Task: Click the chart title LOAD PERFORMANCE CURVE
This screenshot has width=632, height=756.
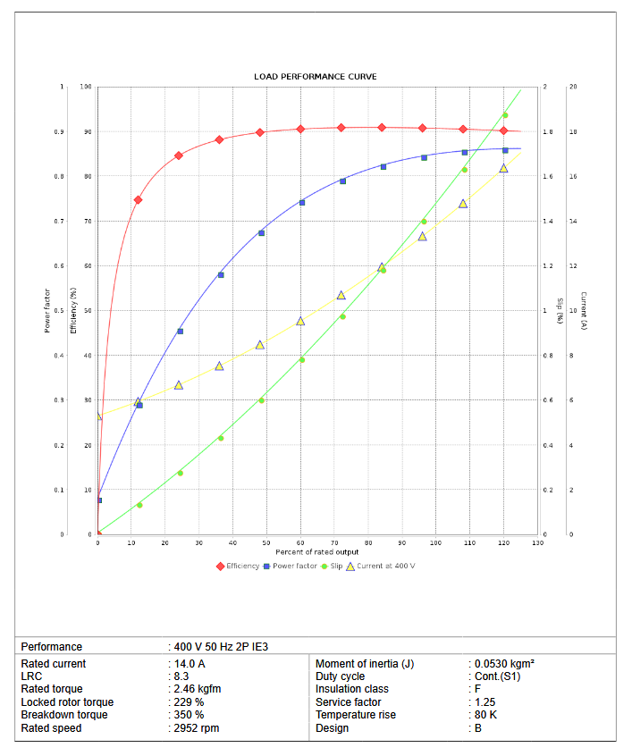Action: (x=316, y=77)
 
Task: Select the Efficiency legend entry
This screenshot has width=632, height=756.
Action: (x=238, y=566)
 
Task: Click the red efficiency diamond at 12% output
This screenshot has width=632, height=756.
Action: (x=138, y=200)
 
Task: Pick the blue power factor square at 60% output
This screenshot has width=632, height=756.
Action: (x=302, y=203)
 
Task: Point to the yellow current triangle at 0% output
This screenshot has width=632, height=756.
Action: (x=98, y=416)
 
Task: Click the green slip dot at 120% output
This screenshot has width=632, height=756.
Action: (x=505, y=115)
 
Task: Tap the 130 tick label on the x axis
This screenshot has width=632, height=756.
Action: (x=538, y=542)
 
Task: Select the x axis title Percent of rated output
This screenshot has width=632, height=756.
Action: (x=317, y=552)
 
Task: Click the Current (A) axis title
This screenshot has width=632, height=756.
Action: (x=583, y=311)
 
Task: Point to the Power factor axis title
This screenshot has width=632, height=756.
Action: (x=47, y=309)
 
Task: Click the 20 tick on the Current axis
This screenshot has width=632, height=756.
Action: (x=573, y=87)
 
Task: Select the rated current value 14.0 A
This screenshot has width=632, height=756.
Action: (x=190, y=664)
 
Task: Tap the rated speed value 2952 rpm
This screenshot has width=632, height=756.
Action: (x=197, y=728)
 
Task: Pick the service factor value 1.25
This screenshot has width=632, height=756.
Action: (x=485, y=702)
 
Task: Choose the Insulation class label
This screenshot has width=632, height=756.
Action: (x=352, y=689)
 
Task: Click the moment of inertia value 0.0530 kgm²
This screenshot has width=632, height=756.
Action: (x=504, y=664)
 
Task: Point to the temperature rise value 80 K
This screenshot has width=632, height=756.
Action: (x=485, y=715)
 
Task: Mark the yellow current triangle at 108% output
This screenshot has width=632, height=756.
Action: (x=463, y=204)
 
